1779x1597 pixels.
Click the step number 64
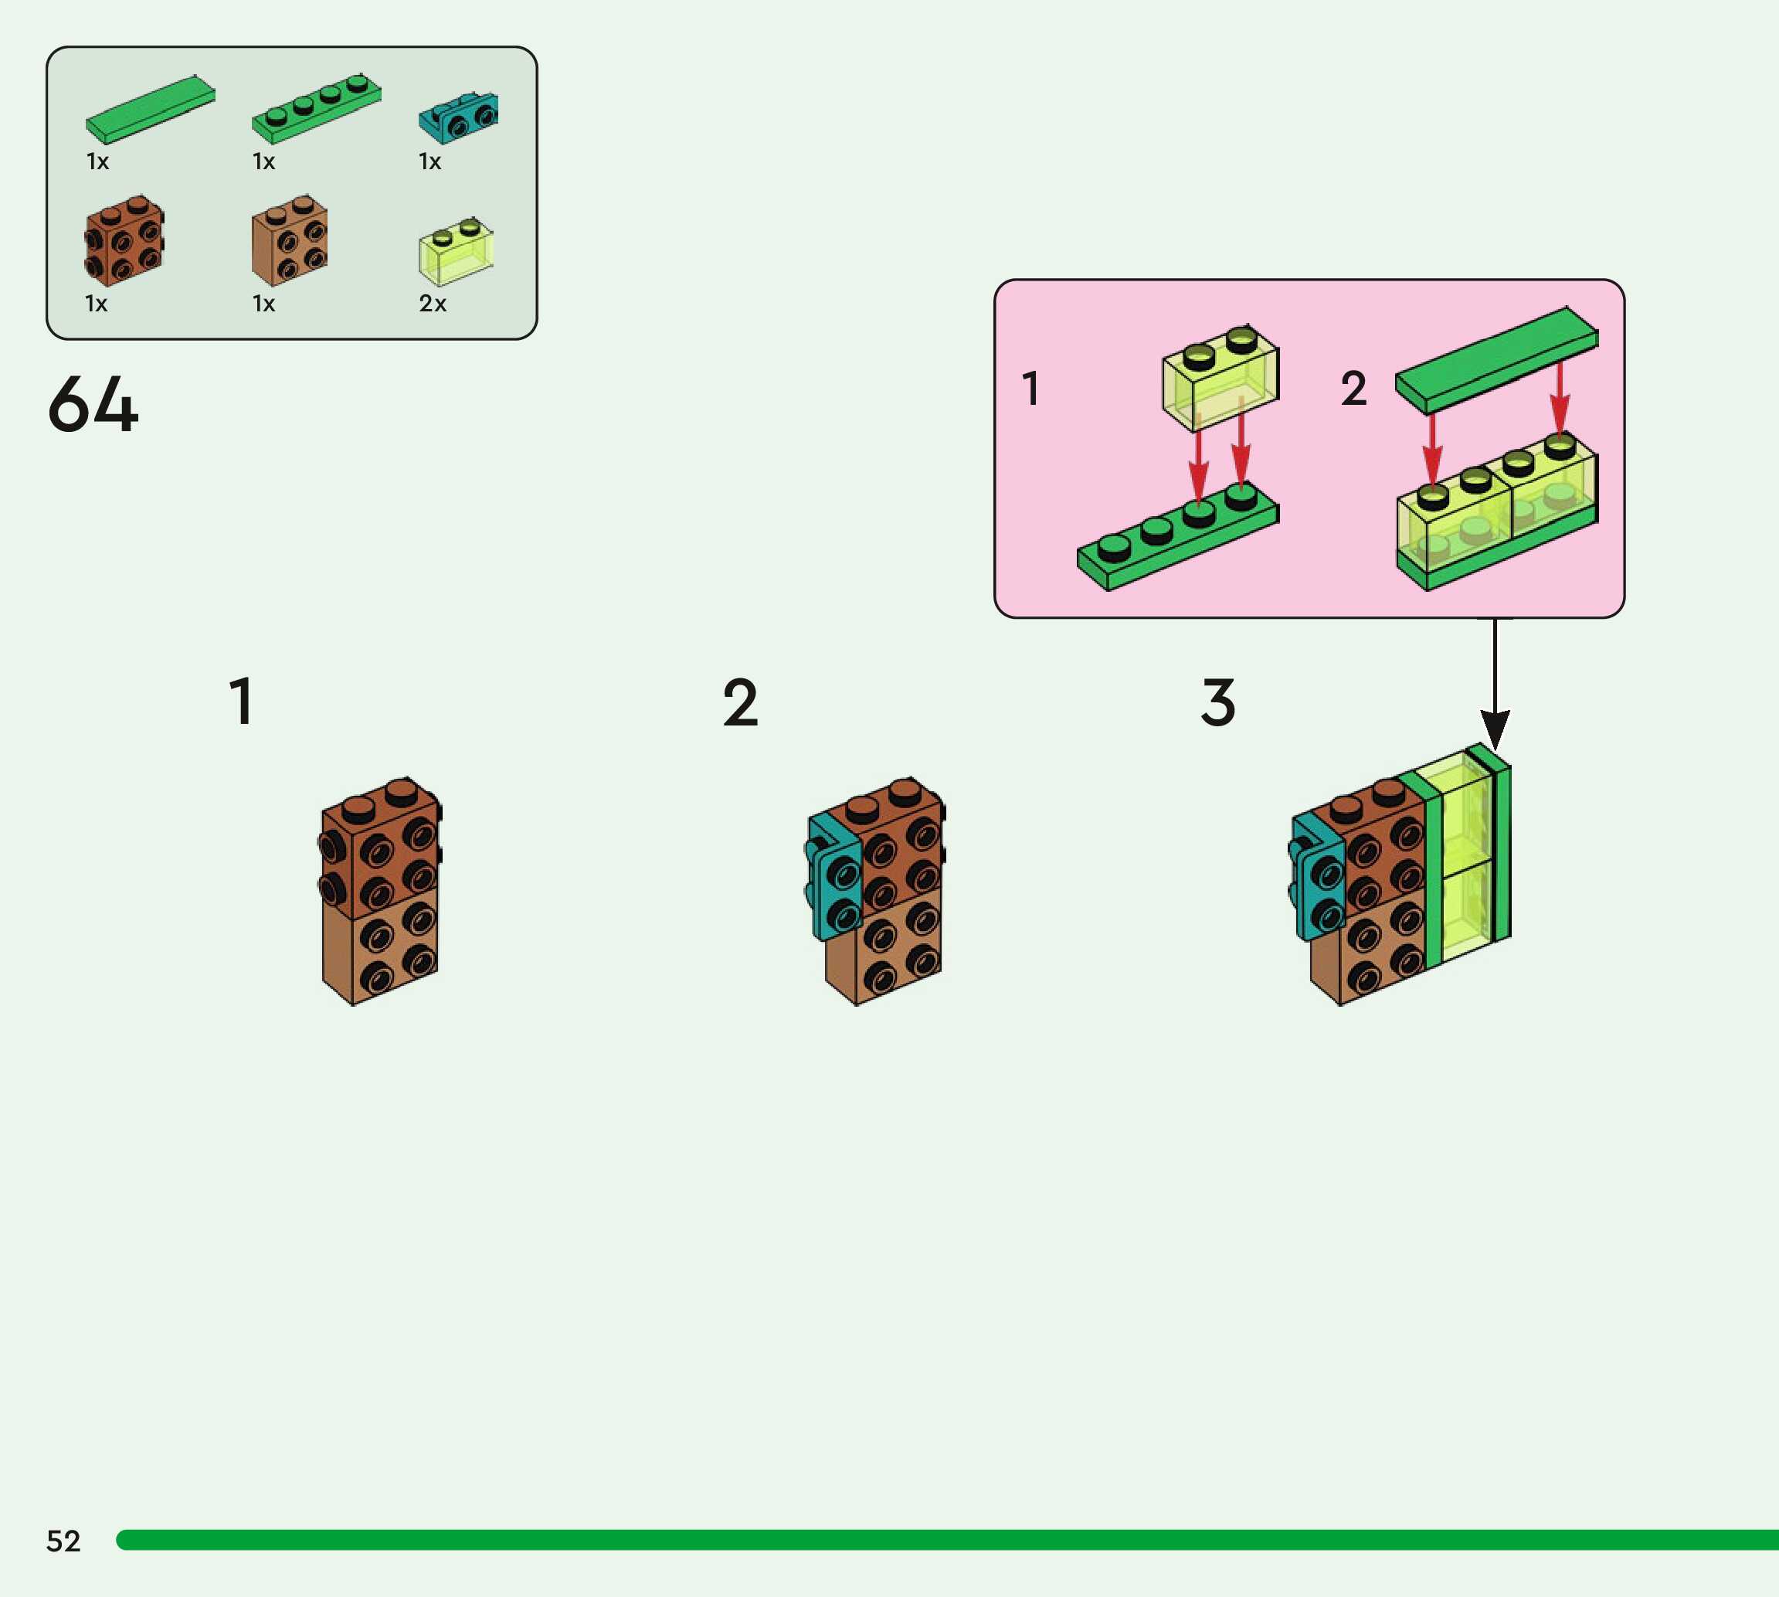(93, 405)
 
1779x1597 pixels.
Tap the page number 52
(63, 1541)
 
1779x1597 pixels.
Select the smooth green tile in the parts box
(150, 109)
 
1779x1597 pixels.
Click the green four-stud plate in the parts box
(316, 109)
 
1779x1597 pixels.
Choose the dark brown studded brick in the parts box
(124, 240)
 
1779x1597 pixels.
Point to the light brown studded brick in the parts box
(290, 240)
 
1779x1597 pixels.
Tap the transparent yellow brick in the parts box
(455, 252)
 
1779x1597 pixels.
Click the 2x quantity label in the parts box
(433, 304)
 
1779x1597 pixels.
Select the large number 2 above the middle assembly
(740, 703)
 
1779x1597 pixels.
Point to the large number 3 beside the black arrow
(1217, 703)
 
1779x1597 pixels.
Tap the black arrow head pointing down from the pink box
(1495, 729)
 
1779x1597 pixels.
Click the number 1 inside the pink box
(1030, 388)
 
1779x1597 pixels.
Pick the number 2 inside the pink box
(1353, 388)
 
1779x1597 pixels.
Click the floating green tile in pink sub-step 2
(1496, 360)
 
